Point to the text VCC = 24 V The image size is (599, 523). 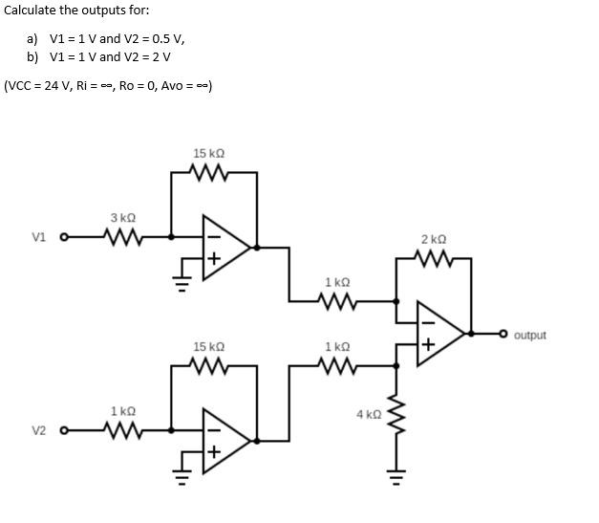click(36, 86)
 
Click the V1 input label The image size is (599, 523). click(38, 236)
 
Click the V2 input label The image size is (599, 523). click(38, 430)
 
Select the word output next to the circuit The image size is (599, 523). click(529, 336)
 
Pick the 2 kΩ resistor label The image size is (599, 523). click(433, 239)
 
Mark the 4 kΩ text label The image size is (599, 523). click(368, 415)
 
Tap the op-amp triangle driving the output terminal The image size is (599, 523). click(439, 334)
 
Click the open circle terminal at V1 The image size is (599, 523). click(65, 236)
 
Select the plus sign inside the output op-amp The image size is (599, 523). click(430, 344)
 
